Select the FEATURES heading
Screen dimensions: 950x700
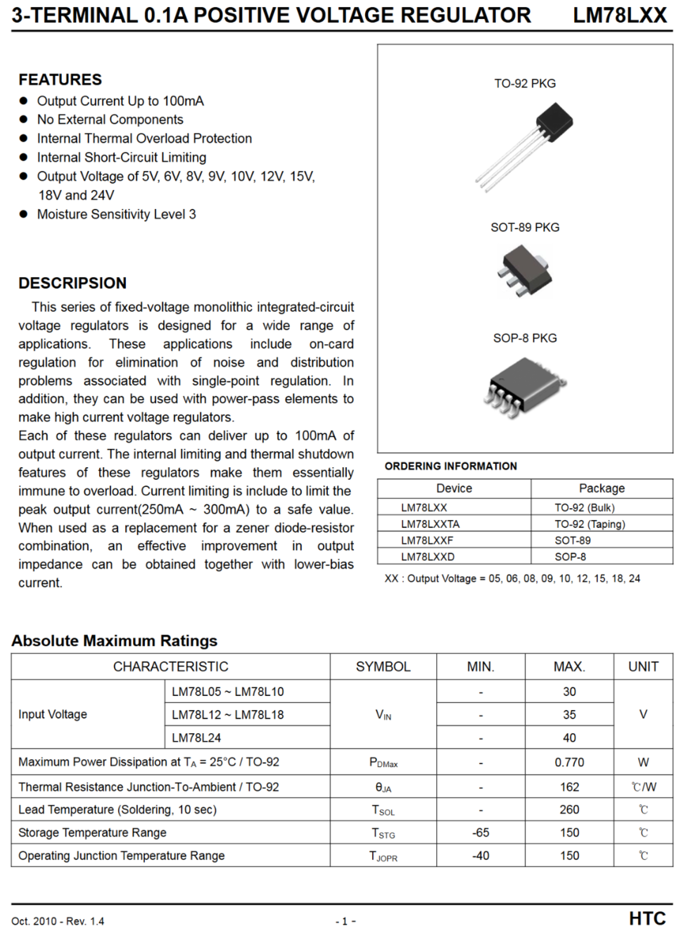tap(60, 79)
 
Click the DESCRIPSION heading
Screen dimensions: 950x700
tap(72, 283)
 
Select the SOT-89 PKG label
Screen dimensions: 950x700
tap(525, 227)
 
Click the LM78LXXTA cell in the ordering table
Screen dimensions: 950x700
tap(430, 524)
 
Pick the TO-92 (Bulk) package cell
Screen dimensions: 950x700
tap(584, 507)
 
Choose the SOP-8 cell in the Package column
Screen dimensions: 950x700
tap(571, 557)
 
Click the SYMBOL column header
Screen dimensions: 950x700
tap(383, 667)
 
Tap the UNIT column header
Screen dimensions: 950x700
tap(643, 667)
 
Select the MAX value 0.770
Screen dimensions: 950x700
tap(569, 762)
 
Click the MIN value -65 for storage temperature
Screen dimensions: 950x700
tap(481, 833)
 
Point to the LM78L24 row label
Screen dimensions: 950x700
tap(196, 738)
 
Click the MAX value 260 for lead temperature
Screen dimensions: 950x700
tap(569, 810)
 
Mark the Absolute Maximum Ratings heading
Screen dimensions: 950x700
tap(114, 640)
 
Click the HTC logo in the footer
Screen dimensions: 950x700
tap(647, 919)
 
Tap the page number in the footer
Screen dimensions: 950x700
tap(345, 921)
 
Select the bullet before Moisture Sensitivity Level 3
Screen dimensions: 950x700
tap(23, 214)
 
